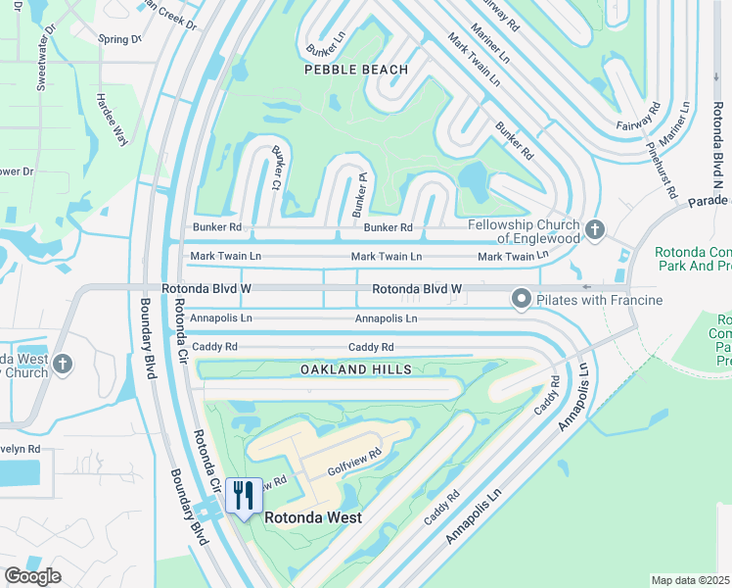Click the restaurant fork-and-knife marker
point(243,494)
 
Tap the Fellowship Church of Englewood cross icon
point(594,231)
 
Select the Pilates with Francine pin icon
point(521,300)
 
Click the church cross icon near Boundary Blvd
point(63,365)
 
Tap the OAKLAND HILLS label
point(355,368)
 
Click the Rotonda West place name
point(313,517)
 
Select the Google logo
point(32,576)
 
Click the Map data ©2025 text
point(690,580)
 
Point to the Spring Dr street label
point(119,39)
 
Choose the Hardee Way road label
point(112,120)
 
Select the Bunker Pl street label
point(360,194)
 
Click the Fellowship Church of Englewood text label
point(523,231)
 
